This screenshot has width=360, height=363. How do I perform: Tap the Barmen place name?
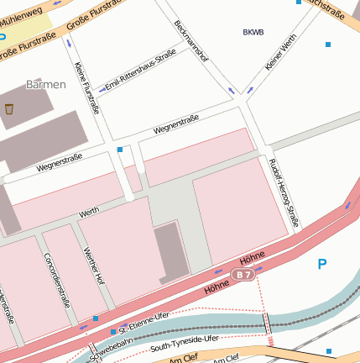[x=45, y=85]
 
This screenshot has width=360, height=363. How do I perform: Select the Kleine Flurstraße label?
[x=86, y=88]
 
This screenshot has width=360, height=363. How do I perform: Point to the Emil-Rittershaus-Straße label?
[x=141, y=69]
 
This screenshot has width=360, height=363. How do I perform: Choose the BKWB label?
[x=253, y=33]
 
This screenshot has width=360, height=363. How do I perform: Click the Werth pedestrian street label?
[x=88, y=214]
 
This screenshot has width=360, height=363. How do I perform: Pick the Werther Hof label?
[x=93, y=266]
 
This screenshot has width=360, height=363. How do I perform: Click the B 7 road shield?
[x=243, y=275]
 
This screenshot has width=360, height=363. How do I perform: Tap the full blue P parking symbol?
[x=321, y=265]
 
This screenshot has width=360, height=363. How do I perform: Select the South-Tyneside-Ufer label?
[x=184, y=340]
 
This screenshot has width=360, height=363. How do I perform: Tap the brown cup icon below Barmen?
[x=9, y=109]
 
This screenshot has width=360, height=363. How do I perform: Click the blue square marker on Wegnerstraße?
[x=120, y=150]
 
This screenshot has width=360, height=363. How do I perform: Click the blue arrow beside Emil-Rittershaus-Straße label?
[x=102, y=87]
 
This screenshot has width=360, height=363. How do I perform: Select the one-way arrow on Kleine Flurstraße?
[x=68, y=41]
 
